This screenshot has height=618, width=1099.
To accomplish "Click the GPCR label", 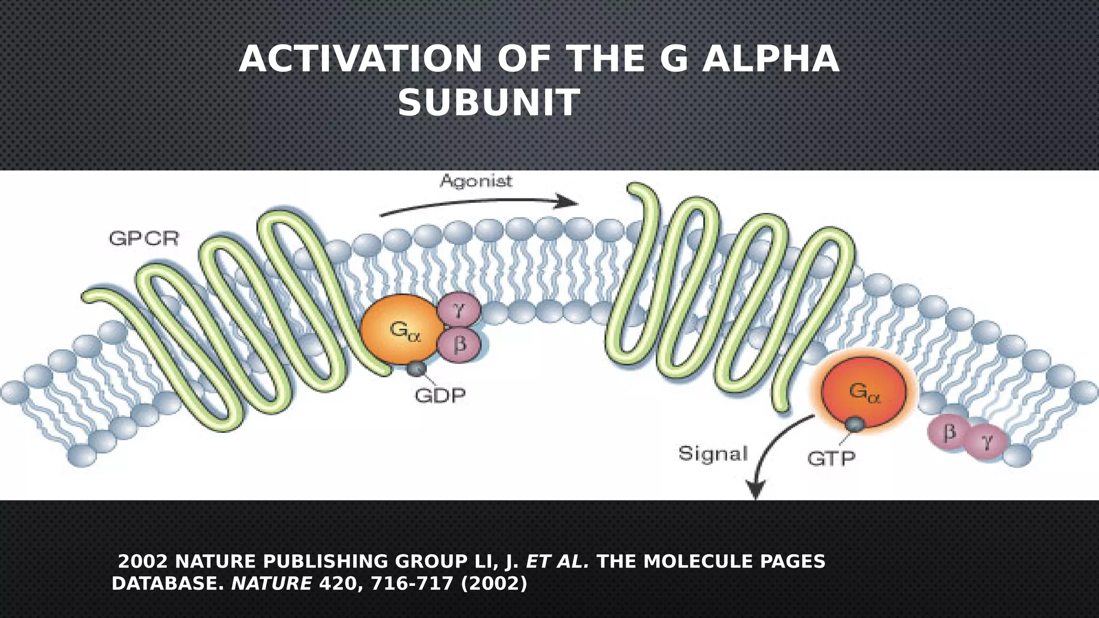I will [x=143, y=238].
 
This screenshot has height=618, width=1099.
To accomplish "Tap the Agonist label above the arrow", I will [x=476, y=181].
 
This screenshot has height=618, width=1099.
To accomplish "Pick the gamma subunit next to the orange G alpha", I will [x=459, y=310].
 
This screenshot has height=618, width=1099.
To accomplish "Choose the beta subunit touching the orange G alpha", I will [x=459, y=343].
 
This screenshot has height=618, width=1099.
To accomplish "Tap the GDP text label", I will [x=440, y=396].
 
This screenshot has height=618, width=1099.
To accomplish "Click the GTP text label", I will [x=831, y=459].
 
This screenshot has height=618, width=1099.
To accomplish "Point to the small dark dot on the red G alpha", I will [x=855, y=424].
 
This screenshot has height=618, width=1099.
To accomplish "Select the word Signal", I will [x=713, y=454].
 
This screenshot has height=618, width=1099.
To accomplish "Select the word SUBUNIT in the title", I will [x=489, y=103].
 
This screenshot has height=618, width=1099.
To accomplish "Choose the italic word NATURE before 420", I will [x=272, y=583].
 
